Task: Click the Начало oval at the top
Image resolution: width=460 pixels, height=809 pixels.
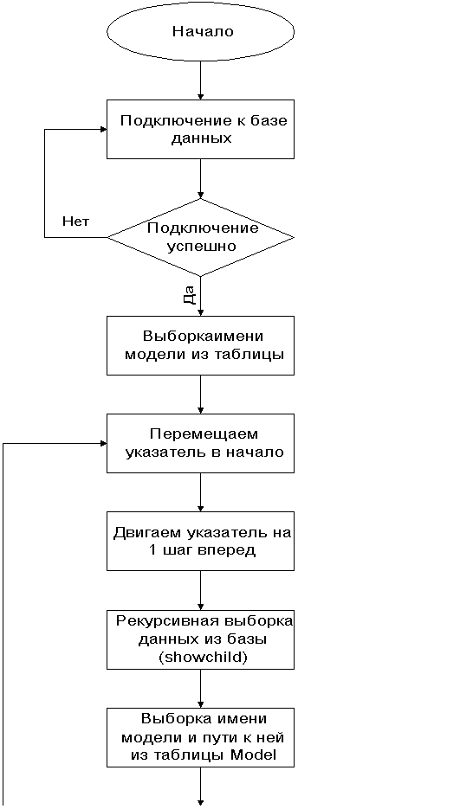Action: [200, 31]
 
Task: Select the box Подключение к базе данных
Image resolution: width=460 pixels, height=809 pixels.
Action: [200, 129]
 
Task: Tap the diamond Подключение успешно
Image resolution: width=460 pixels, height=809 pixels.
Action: [200, 237]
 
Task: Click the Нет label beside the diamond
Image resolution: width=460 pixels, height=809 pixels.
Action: [75, 222]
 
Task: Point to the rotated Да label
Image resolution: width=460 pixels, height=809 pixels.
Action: [189, 293]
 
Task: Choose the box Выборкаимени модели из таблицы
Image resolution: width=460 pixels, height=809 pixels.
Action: [200, 345]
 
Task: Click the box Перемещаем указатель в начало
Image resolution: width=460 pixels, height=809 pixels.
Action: [200, 443]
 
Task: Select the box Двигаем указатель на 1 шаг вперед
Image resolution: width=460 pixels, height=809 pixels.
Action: [200, 540]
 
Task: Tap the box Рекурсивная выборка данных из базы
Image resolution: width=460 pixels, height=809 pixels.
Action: [200, 639]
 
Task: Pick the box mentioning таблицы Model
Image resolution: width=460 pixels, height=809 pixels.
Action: [200, 737]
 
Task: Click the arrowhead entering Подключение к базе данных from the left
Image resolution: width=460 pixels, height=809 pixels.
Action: [103, 129]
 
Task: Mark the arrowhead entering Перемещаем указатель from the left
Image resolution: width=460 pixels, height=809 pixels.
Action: [103, 443]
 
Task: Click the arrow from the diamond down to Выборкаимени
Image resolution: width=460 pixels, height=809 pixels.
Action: [200, 296]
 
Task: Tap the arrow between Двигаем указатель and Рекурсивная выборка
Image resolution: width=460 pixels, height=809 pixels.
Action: [200, 590]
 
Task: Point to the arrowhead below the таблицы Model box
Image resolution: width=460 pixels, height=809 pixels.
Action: [200, 802]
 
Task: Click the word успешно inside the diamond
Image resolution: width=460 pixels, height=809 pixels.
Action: [201, 246]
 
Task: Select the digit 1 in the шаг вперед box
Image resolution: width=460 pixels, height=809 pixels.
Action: [151, 549]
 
